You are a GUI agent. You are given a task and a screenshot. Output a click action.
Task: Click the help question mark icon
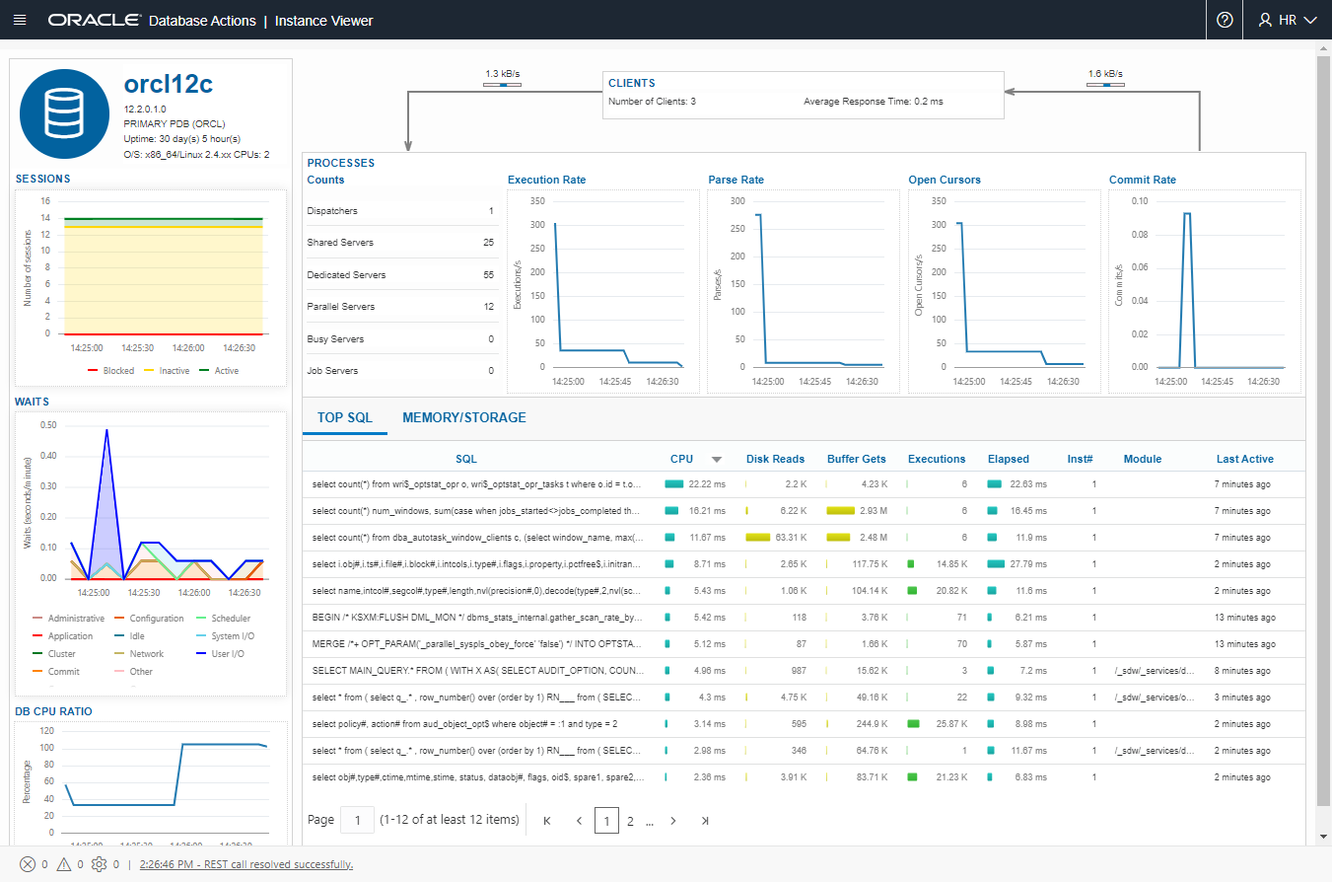click(1225, 20)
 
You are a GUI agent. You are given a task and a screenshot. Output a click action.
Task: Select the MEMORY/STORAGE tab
click(463, 417)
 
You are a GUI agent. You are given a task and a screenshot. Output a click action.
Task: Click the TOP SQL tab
click(345, 417)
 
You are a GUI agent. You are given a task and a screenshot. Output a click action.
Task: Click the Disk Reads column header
click(775, 459)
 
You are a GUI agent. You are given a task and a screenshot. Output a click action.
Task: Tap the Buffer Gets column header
click(856, 459)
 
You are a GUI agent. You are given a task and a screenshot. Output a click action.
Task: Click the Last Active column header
click(1244, 459)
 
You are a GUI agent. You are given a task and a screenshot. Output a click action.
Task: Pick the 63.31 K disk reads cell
click(792, 537)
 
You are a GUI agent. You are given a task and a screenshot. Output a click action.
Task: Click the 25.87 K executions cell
click(950, 723)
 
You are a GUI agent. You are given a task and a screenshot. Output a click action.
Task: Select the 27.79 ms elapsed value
click(1028, 563)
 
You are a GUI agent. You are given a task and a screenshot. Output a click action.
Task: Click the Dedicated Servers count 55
click(488, 275)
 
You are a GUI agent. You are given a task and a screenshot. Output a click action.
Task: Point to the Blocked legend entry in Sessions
click(110, 371)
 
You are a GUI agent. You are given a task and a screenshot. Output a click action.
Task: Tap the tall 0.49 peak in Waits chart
click(106, 430)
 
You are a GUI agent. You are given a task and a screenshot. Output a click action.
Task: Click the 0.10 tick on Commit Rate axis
click(1139, 201)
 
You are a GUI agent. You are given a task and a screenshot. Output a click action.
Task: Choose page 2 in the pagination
click(630, 821)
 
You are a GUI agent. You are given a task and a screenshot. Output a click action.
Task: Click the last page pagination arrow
click(704, 821)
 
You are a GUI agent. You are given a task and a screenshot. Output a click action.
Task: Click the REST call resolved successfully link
click(246, 864)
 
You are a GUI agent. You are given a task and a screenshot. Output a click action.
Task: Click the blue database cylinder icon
click(64, 113)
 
